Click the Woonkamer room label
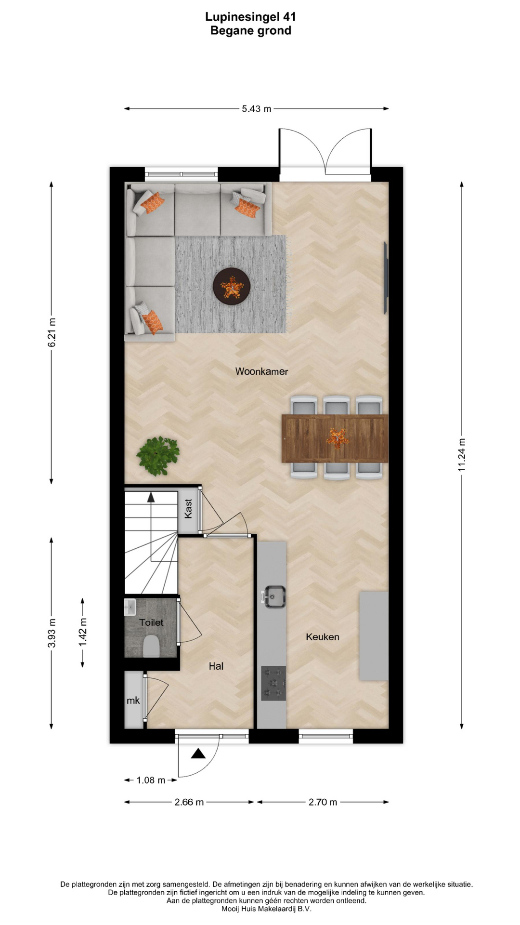pos(261,371)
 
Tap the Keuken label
pos(323,637)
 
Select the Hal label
pos(216,666)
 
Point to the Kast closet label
pos(188,509)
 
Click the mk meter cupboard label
pos(133,700)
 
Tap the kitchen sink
pos(275,596)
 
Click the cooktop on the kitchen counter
pos(273,683)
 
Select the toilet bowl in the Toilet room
pos(151,646)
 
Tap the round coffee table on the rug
pos(232,286)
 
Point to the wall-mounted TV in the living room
pos(386,278)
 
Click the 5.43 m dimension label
pos(257,109)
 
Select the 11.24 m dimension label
pos(462,455)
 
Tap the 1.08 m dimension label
pos(151,780)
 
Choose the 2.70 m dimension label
pos(323,802)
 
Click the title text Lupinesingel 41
pos(250,17)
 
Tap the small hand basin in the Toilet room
pos(130,608)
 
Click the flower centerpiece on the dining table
pos(338,438)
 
